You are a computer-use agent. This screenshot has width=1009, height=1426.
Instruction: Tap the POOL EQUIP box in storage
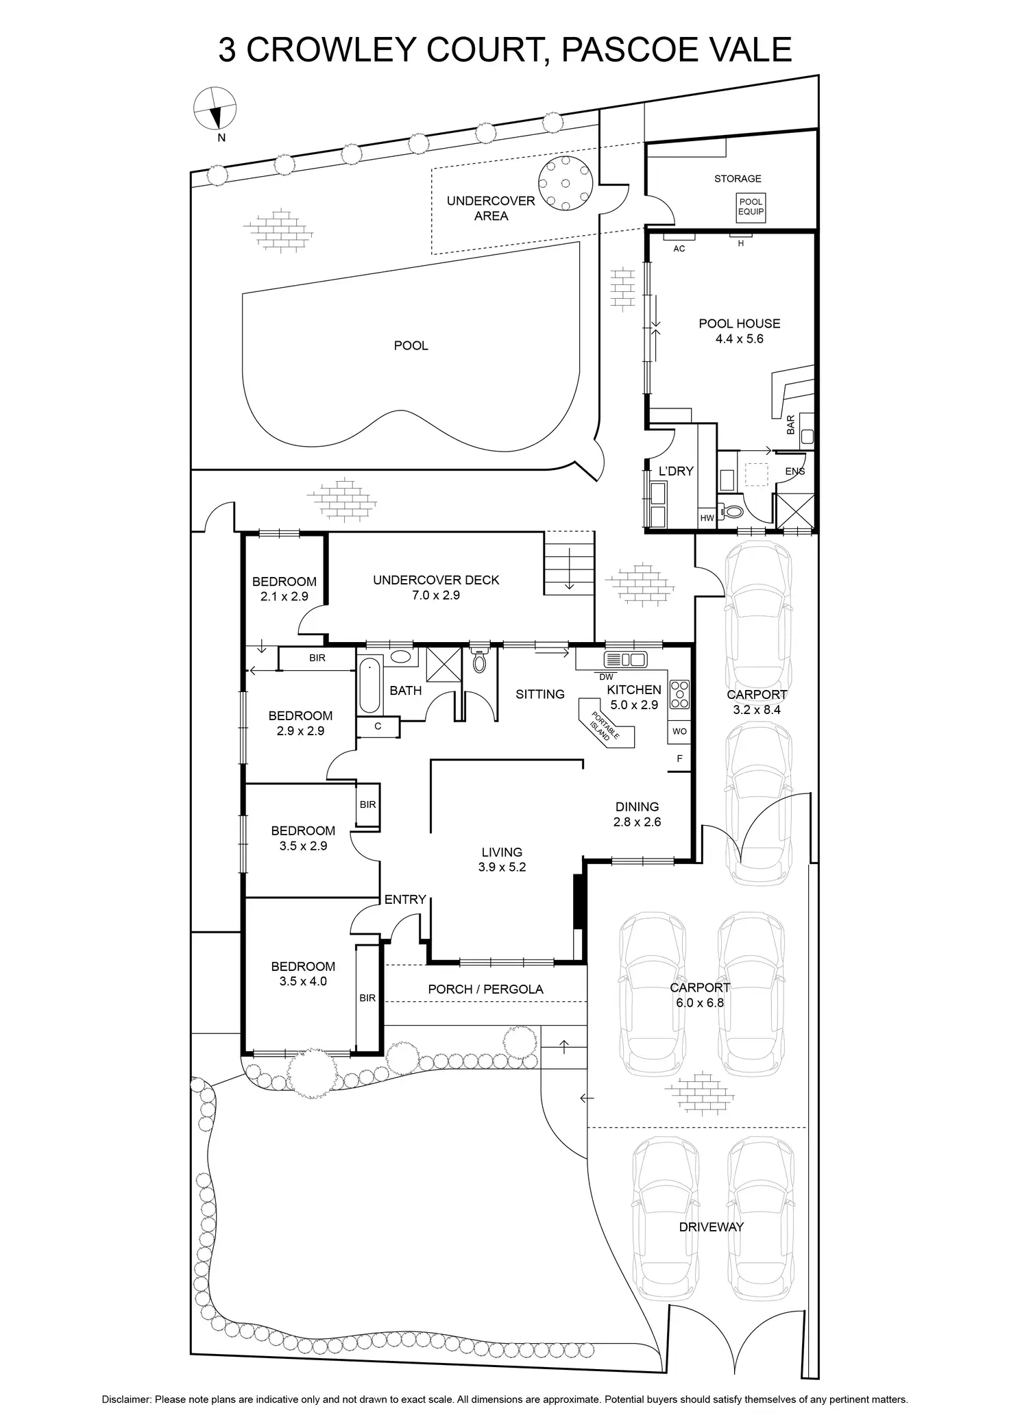751,207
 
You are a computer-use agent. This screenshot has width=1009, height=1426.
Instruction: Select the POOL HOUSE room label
739,323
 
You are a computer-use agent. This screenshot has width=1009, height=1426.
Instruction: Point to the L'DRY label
675,471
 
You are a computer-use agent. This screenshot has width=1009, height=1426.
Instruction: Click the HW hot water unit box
707,518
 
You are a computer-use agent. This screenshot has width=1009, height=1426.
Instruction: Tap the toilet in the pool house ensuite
733,511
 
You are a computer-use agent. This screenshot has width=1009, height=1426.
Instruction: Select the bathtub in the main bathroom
369,685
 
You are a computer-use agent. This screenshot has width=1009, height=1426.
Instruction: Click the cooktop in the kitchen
680,693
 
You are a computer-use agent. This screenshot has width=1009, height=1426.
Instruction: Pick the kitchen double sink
624,660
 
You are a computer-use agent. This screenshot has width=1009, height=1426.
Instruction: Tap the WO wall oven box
679,731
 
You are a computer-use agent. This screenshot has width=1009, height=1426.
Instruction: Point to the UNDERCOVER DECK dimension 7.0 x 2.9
436,595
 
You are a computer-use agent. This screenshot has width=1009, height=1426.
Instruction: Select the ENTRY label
405,899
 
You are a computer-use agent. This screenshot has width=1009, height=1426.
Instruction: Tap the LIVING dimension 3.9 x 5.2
502,867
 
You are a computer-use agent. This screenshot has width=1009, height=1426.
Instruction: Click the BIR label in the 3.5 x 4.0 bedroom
367,998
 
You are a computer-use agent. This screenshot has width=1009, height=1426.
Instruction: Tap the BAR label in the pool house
791,425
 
